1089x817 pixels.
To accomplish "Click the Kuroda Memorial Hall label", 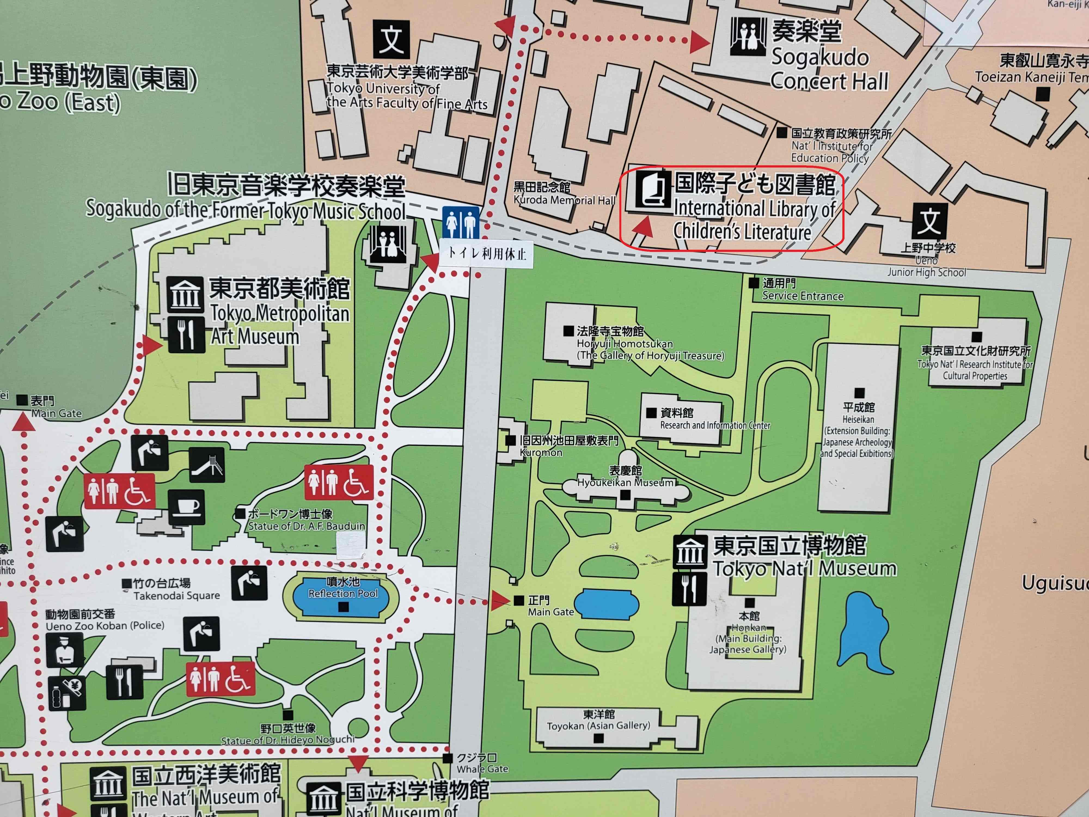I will click(x=564, y=194).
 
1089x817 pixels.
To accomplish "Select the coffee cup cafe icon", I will click(x=186, y=507).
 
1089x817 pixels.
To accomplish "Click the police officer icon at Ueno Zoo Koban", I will click(x=65, y=650).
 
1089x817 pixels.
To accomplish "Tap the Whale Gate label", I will click(x=482, y=763).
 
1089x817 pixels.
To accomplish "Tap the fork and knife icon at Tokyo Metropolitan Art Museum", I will click(x=186, y=335).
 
